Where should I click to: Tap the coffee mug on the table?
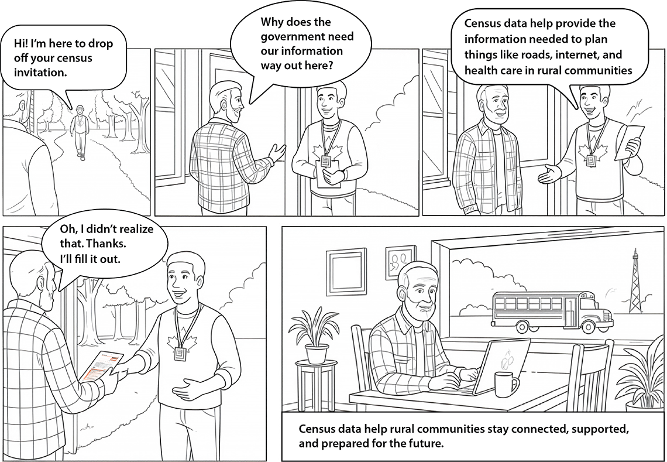[x=506, y=384]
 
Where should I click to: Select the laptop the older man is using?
[x=497, y=366]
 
